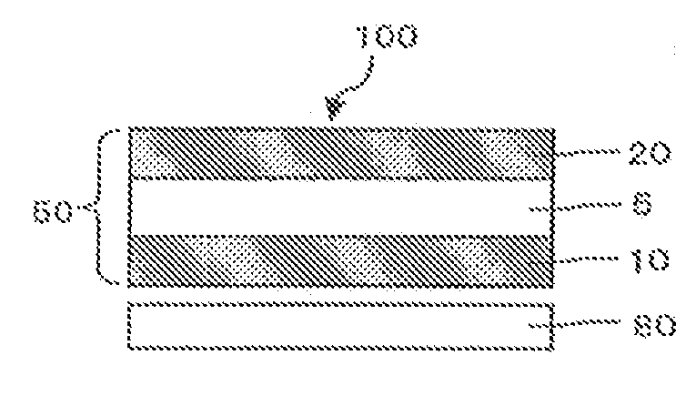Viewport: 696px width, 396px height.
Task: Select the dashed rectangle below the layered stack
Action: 341,324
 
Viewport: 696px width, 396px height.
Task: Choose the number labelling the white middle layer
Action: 641,208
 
